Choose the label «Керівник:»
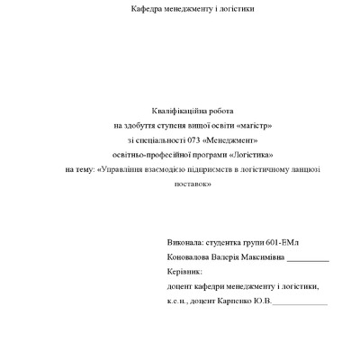click(x=185, y=270)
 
